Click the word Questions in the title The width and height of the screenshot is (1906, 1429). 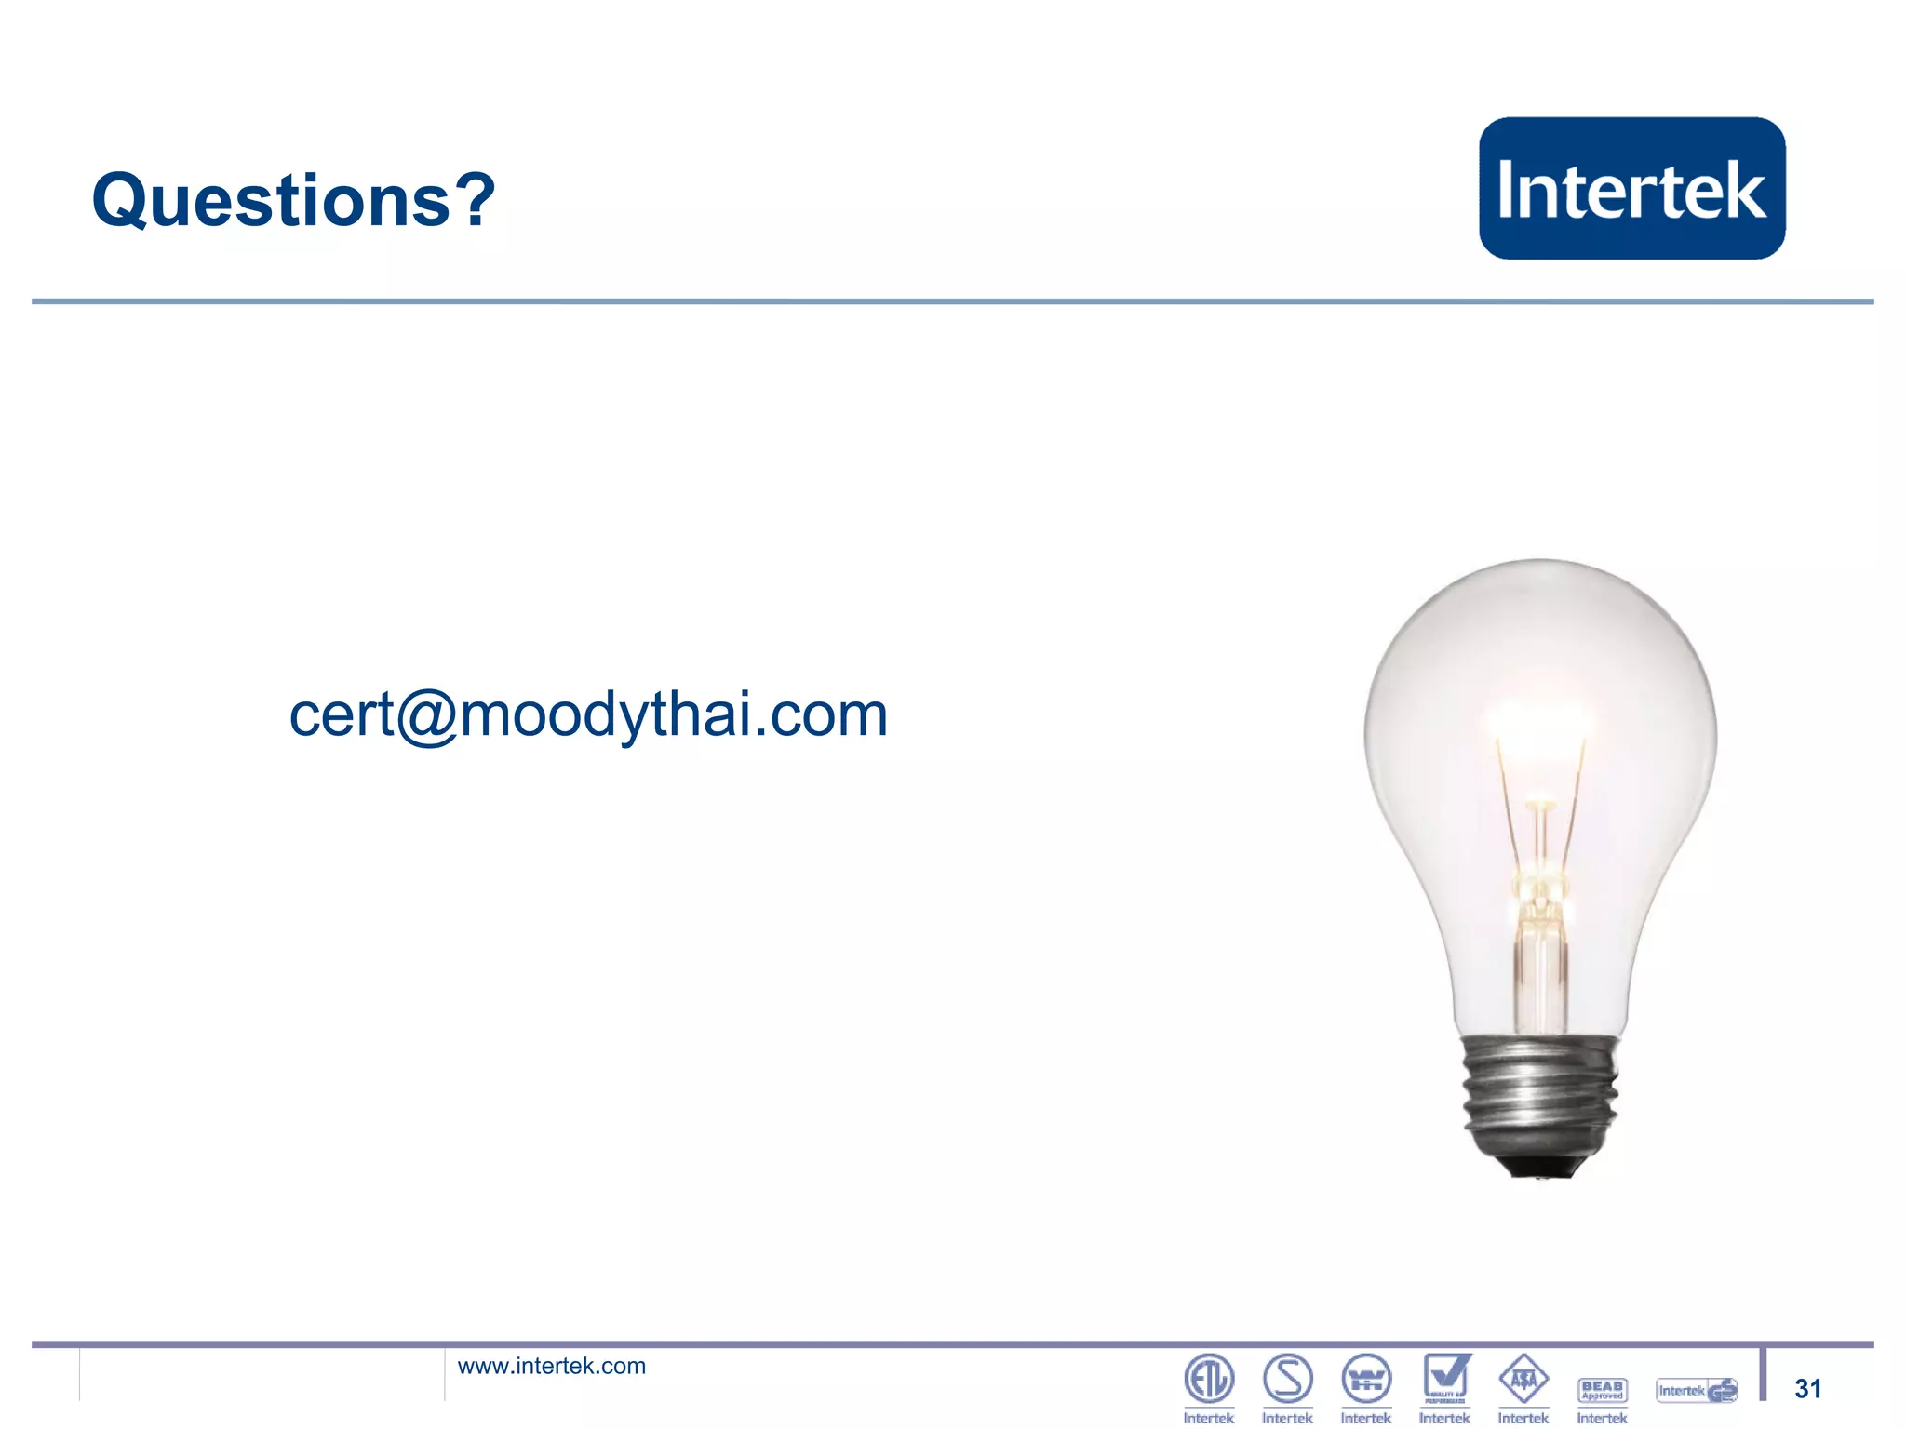pos(271,201)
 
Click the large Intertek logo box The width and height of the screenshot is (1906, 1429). pos(1631,188)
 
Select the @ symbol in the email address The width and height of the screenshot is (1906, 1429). pos(426,715)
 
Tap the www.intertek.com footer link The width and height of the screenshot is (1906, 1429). pos(551,1366)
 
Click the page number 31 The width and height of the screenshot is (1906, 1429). pos(1806,1388)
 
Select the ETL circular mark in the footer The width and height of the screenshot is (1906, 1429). pos(1208,1378)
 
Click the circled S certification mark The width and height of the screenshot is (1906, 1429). pos(1287,1378)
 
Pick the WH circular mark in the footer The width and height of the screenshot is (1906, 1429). pos(1365,1379)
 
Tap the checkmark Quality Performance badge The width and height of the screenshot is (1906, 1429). pos(1445,1378)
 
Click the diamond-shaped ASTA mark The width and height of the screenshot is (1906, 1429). pos(1523,1379)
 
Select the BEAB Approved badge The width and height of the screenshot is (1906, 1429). pos(1602,1390)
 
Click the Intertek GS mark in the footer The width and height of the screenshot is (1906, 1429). pos(1696,1390)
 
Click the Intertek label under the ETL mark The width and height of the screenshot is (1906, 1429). pos(1208,1418)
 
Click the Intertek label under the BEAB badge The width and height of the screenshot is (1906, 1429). pos(1602,1418)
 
